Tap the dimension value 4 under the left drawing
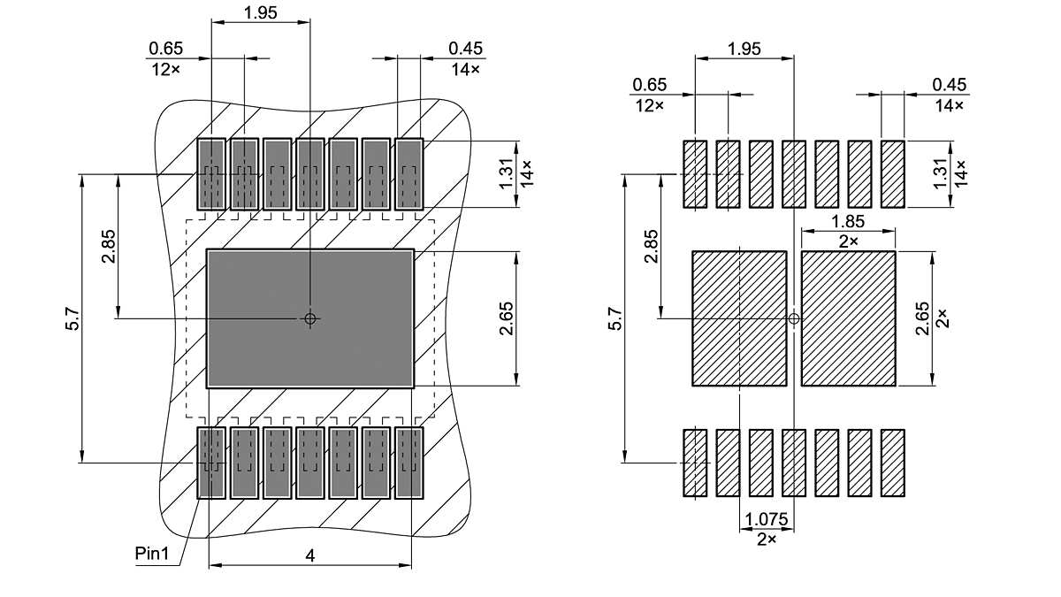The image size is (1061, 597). [309, 555]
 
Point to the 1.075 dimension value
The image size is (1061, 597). [766, 519]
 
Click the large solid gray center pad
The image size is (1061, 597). [309, 318]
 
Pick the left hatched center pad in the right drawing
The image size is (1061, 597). [738, 318]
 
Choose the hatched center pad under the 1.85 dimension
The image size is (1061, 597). [848, 318]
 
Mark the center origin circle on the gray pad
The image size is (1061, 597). [309, 318]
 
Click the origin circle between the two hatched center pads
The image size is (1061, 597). [793, 318]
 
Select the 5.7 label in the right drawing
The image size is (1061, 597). [615, 318]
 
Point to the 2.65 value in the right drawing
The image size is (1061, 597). [922, 318]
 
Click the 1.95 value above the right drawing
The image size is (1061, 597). [744, 49]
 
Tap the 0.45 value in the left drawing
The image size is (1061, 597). [465, 48]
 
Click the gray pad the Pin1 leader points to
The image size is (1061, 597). [211, 463]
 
